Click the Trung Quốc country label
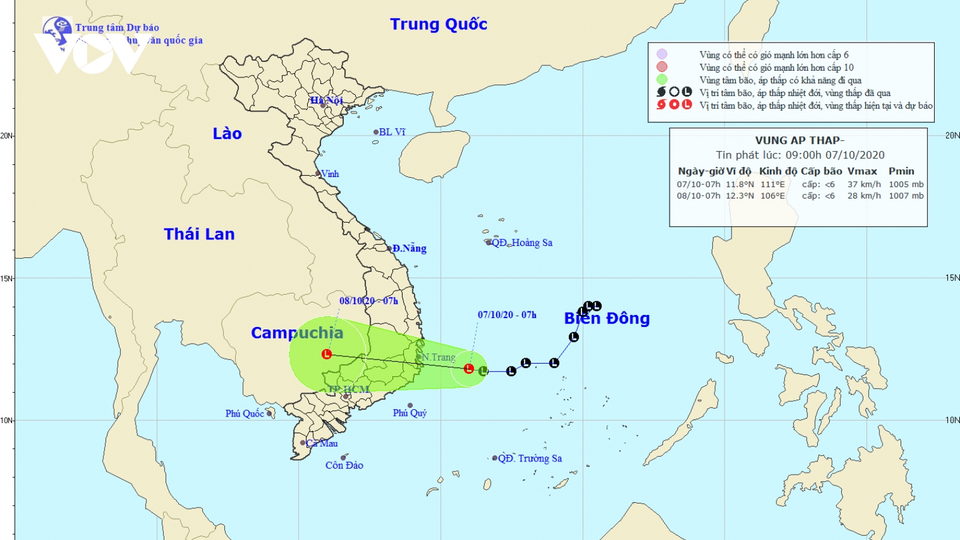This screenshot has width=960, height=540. pos(439,25)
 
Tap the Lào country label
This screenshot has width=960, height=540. pos(227,134)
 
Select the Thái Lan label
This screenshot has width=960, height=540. pos(199,234)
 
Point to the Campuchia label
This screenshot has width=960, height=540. pos(297,333)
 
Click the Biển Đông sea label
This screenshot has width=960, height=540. pos(607,319)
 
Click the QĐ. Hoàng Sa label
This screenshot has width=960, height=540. pos(521,243)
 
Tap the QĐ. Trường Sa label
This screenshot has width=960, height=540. pos(529,458)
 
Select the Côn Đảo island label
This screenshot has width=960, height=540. pos(344,465)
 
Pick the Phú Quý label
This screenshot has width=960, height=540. pos(410,413)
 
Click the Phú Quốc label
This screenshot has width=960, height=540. pos(244,413)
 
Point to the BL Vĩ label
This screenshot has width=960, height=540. pos(392,132)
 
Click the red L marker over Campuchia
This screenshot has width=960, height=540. pos(326,354)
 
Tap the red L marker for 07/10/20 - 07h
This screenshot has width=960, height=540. pos(469,368)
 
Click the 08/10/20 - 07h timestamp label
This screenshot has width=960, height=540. pos(368,301)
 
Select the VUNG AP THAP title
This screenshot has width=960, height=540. pos(799,140)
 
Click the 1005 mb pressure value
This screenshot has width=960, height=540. pos(906,185)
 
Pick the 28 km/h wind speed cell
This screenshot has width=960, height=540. pos(864,196)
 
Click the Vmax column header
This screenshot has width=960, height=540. pos(862,172)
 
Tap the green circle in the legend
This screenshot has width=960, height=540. pos(662,80)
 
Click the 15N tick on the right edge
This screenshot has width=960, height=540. pos(952,278)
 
